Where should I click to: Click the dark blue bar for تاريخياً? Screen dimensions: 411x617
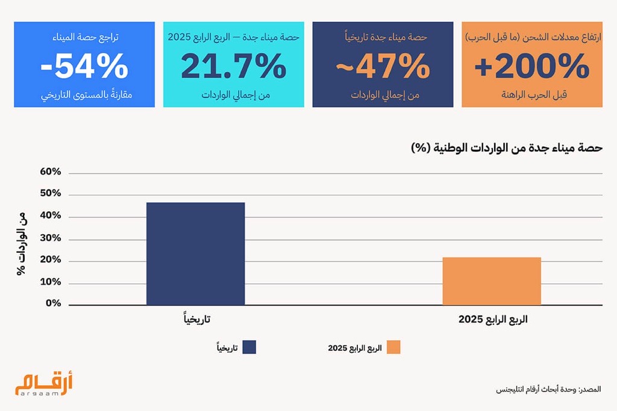(x=195, y=253)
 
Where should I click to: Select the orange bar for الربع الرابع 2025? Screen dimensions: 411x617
(x=491, y=281)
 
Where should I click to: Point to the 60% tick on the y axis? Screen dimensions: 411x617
(x=51, y=172)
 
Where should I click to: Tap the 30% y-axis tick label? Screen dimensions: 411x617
(x=51, y=238)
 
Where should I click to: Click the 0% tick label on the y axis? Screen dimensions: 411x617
(x=53, y=303)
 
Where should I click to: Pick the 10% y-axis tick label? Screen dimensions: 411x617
(x=51, y=282)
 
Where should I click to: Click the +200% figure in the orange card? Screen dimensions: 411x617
(x=531, y=67)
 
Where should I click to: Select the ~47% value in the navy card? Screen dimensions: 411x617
(x=382, y=67)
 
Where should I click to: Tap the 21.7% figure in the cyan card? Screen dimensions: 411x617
(x=233, y=67)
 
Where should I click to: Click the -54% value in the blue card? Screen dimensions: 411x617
(x=84, y=67)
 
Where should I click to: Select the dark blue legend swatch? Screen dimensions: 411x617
(x=249, y=348)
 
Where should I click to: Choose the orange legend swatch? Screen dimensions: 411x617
(x=393, y=348)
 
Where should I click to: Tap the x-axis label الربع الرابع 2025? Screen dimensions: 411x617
(x=492, y=319)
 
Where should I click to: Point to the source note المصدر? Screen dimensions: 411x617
(x=548, y=390)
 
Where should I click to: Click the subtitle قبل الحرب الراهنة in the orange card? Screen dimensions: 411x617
(x=532, y=95)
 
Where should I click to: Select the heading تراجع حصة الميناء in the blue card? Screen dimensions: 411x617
(x=84, y=37)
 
